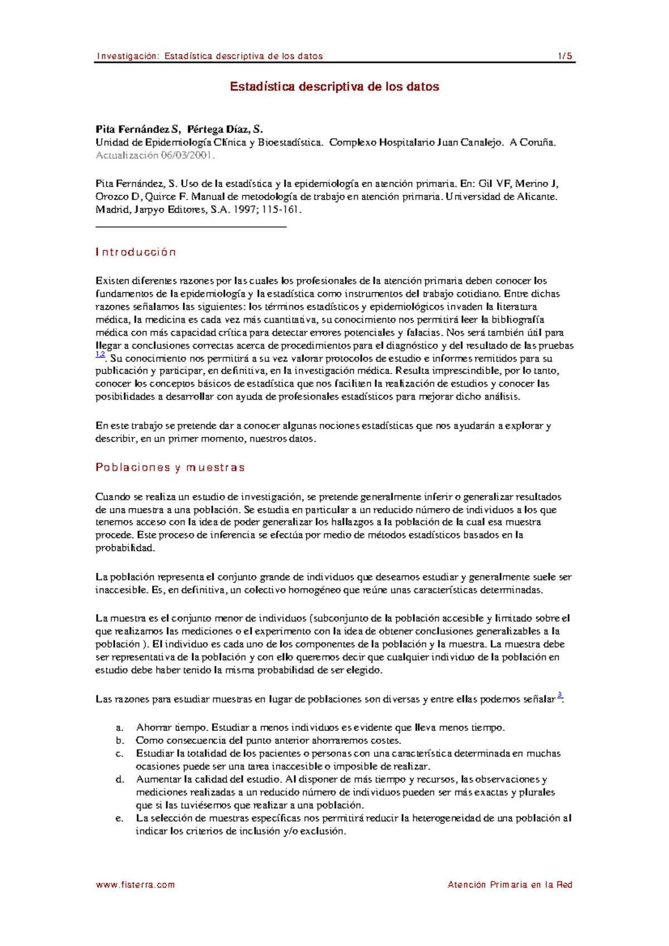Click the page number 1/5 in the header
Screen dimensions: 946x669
click(565, 56)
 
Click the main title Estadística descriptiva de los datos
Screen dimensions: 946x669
click(334, 87)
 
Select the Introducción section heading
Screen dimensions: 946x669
click(136, 252)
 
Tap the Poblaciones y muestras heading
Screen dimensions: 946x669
click(170, 467)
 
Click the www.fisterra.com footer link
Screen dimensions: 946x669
click(135, 885)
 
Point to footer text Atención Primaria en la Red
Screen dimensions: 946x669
click(510, 885)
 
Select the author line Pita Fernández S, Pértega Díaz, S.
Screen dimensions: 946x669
click(179, 129)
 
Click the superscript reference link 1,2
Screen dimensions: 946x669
click(100, 354)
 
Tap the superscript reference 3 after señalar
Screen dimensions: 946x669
click(560, 695)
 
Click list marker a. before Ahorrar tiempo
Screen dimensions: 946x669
click(119, 728)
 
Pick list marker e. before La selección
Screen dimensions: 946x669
click(119, 818)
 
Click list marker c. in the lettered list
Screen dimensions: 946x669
click(119, 754)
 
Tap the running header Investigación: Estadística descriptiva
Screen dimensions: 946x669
click(210, 56)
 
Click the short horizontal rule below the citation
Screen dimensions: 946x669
click(191, 227)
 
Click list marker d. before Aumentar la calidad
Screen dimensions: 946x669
click(119, 779)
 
